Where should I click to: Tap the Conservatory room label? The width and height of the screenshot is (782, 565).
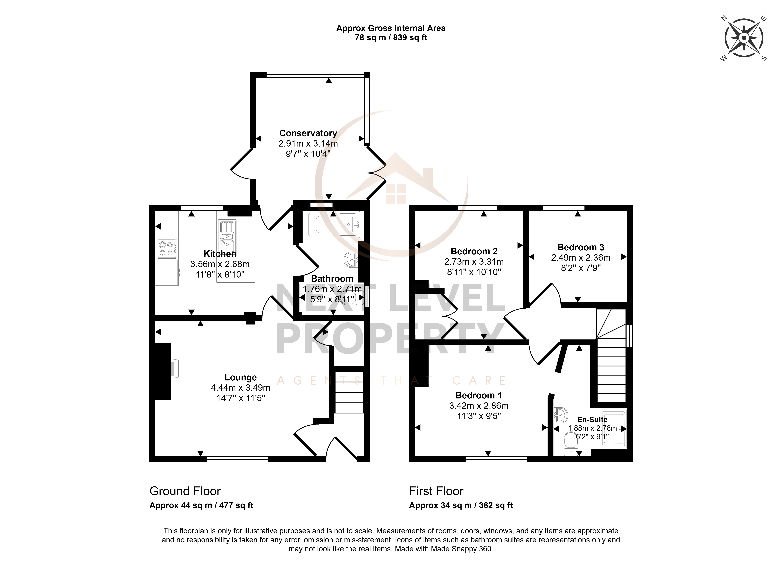pos(308,133)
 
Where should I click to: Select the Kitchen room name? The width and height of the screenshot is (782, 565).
pos(220,254)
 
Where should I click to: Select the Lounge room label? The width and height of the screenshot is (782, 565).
pos(241,377)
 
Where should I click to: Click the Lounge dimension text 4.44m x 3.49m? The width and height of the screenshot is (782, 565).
pos(241,388)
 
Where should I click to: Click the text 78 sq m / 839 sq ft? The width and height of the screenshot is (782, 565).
pos(391,38)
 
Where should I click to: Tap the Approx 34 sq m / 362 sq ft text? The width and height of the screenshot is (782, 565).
pos(461,505)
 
